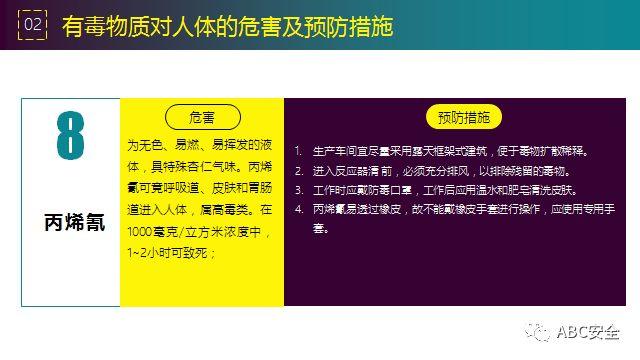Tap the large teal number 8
(x=71, y=141)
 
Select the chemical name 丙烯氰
(x=71, y=220)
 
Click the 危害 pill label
(x=202, y=116)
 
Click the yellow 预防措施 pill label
(x=463, y=116)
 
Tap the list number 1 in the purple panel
(x=298, y=151)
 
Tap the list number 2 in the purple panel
(x=298, y=170)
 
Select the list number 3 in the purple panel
(x=298, y=189)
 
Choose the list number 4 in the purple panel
(x=298, y=209)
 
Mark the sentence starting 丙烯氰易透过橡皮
(x=461, y=209)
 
